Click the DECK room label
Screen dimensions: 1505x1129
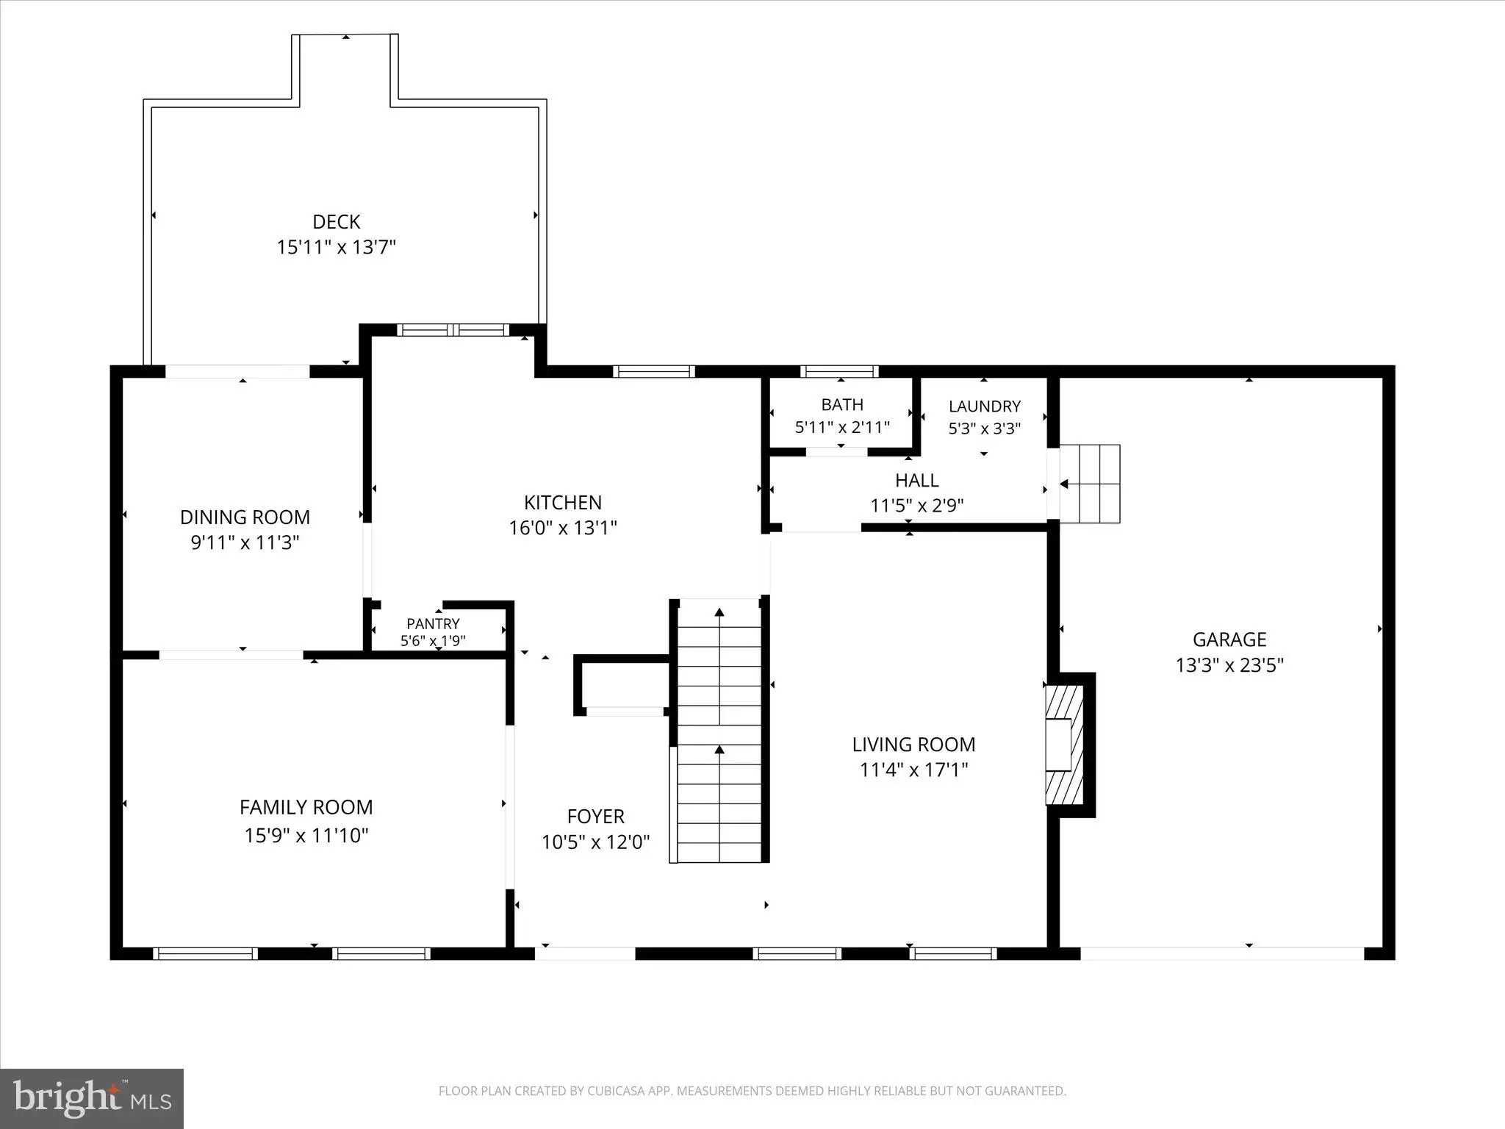point(337,221)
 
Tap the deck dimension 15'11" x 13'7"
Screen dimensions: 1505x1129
point(337,247)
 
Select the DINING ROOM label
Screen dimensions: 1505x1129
point(245,517)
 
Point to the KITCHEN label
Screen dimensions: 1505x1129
point(563,503)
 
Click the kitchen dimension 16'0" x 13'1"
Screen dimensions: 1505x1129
point(563,528)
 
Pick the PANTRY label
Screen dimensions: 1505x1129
point(433,624)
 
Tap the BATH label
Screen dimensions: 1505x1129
point(842,404)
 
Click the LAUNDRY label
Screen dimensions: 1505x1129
point(985,406)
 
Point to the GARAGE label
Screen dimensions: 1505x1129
point(1229,639)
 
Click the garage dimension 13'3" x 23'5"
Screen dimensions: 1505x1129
point(1229,665)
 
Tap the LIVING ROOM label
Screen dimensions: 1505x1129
point(913,745)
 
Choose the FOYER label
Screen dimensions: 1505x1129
point(596,817)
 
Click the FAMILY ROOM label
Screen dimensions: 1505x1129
point(306,808)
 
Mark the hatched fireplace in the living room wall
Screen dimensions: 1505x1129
point(1065,745)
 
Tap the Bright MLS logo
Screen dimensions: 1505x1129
point(92,1099)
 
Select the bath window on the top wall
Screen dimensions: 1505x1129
point(839,371)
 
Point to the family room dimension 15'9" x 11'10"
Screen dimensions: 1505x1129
point(306,836)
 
